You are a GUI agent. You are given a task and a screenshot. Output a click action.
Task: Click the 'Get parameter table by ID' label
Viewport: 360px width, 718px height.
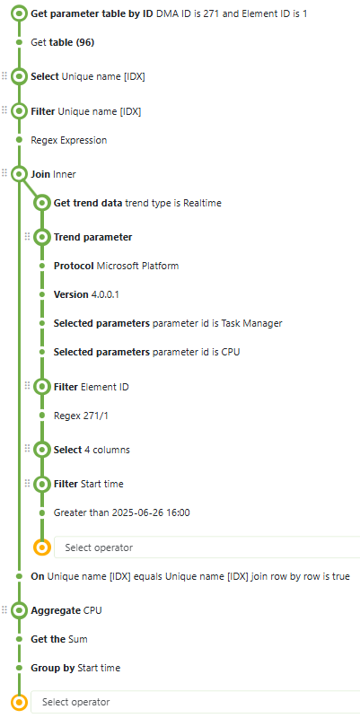[x=92, y=13]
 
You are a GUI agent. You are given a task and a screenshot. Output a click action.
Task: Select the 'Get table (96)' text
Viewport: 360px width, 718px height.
[x=63, y=42]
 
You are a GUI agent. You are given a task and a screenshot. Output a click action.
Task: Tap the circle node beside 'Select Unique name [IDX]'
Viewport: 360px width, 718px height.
[x=19, y=76]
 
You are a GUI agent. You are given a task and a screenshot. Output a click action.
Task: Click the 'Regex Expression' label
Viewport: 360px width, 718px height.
[x=69, y=140]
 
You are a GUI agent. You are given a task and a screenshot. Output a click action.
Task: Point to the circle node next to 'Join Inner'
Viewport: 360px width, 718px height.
[x=19, y=174]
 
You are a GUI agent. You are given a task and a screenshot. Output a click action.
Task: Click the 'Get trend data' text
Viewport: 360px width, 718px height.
[x=88, y=203]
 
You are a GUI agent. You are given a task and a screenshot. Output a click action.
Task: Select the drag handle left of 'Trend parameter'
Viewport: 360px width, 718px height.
[x=27, y=237]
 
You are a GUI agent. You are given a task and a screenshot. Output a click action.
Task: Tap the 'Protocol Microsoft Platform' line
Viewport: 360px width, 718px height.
[x=117, y=266]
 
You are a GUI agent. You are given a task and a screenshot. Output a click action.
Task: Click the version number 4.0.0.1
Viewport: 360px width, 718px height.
[x=105, y=294]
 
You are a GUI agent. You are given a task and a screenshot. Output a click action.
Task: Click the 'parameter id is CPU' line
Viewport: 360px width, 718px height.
[x=196, y=352]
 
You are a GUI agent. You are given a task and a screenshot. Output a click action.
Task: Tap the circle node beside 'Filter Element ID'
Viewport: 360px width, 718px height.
[x=41, y=387]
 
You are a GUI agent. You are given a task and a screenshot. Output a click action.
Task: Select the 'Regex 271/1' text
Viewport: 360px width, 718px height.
[x=81, y=416]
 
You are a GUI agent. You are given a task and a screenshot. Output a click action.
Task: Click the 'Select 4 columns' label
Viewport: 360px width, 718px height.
[x=92, y=450]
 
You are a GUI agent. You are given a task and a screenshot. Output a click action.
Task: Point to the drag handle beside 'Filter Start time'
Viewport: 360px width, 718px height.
[x=27, y=483]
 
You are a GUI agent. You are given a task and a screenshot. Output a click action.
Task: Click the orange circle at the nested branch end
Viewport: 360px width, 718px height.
[x=41, y=547]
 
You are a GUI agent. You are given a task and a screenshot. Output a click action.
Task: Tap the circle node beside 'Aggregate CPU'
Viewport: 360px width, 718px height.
[x=19, y=610]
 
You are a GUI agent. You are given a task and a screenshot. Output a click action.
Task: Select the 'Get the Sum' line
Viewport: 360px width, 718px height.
[x=59, y=639]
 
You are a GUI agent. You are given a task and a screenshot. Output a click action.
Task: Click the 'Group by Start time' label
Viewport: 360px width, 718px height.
[x=75, y=668]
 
